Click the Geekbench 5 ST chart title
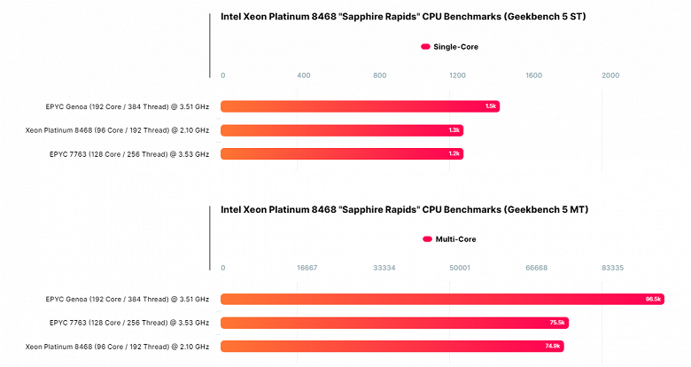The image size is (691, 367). pos(402,16)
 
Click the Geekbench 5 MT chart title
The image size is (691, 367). pos(404,210)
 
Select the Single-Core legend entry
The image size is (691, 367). pos(450,46)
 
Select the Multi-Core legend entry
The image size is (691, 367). pos(450,239)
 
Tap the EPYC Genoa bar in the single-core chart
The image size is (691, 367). pos(360,106)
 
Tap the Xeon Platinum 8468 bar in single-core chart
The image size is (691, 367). pos(341,130)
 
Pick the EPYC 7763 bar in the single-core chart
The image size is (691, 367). pos(341,153)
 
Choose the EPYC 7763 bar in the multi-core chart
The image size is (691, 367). pos(394,323)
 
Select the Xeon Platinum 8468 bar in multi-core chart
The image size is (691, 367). pos(392,346)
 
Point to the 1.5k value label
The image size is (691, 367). pos(491,106)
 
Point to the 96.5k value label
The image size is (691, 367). pos(654,300)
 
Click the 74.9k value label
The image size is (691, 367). pos(554,346)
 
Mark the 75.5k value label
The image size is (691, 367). pos(557,323)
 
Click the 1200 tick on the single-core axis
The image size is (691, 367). pos(457,75)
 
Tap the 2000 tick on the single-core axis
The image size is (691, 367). pos(610,75)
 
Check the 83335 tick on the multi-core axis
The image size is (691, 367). pos(612,268)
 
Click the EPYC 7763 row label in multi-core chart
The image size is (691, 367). pos(129,323)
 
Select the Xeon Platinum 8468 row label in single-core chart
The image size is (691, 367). pos(117,130)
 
